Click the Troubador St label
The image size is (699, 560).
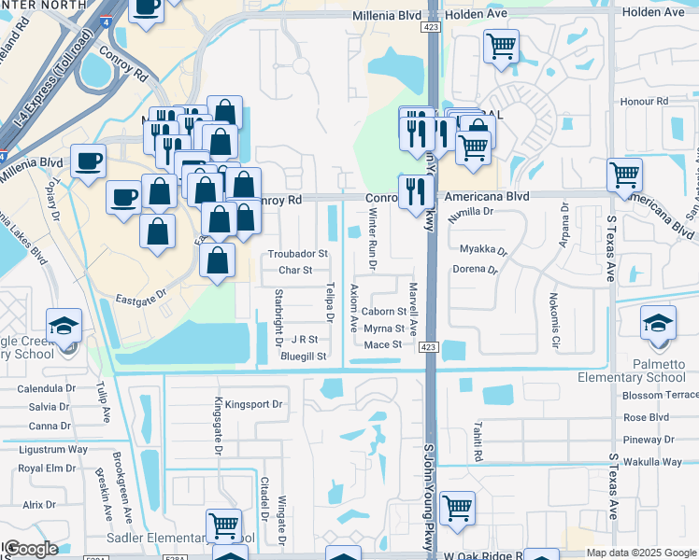(x=297, y=254)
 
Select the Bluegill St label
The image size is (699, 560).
(x=303, y=357)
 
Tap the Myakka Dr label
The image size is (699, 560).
(x=483, y=250)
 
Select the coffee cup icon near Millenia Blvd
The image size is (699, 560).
(x=88, y=161)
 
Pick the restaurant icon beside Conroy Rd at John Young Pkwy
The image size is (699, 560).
(x=413, y=190)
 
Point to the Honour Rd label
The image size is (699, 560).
(x=644, y=101)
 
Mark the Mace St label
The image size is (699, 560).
(x=382, y=344)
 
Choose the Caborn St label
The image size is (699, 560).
(x=385, y=312)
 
